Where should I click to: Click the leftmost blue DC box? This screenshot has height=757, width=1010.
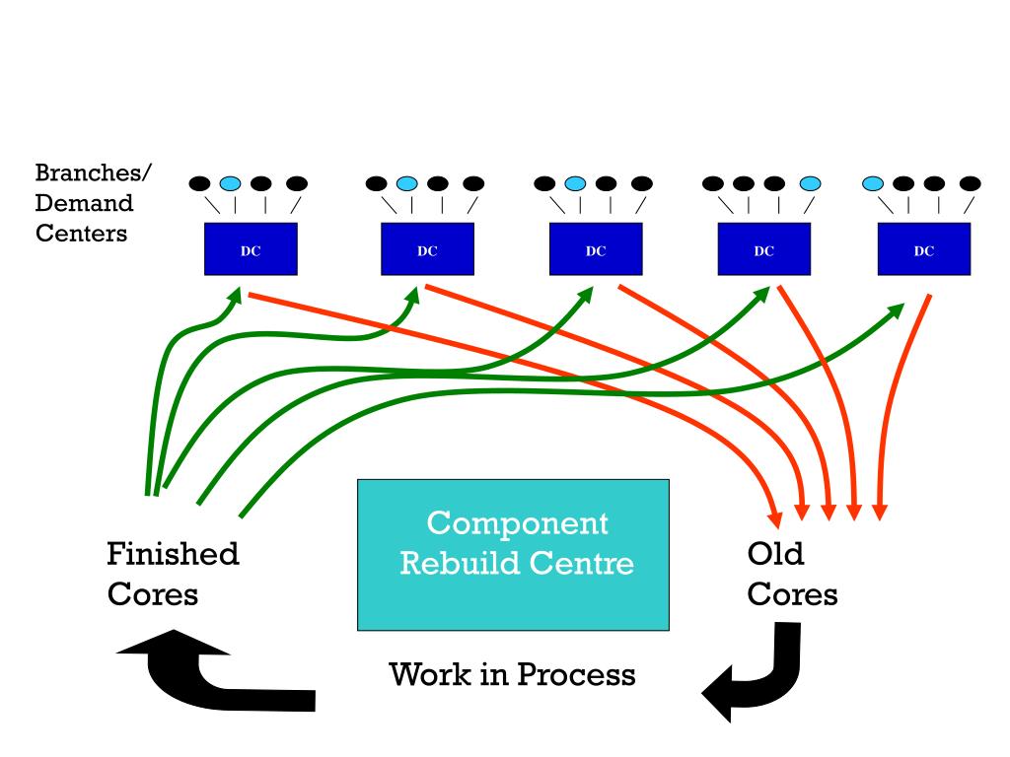(251, 249)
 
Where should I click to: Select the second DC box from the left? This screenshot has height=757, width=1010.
(428, 249)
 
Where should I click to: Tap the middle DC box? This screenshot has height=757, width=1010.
(596, 249)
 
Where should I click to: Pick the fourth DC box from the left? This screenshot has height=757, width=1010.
(764, 249)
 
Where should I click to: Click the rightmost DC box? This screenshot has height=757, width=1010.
(923, 249)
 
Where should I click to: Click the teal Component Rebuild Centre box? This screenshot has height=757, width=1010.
(513, 555)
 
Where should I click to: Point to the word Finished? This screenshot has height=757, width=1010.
(173, 554)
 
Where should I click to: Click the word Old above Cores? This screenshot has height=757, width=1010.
(775, 554)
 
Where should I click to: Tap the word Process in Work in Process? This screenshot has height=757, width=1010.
(576, 674)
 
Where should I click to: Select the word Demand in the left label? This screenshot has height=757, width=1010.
(84, 203)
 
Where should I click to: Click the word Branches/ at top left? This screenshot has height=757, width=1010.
(94, 172)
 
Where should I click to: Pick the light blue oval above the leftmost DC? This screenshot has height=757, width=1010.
(230, 184)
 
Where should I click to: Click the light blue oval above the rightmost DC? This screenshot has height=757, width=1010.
(873, 184)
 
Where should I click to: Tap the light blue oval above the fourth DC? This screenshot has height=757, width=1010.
(811, 184)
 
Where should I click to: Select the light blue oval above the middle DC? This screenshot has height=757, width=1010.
(575, 184)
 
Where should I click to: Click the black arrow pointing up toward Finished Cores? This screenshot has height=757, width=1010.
(206, 676)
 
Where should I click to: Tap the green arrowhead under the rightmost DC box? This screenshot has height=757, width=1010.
(896, 310)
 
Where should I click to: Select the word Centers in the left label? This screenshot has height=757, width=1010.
(81, 233)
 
